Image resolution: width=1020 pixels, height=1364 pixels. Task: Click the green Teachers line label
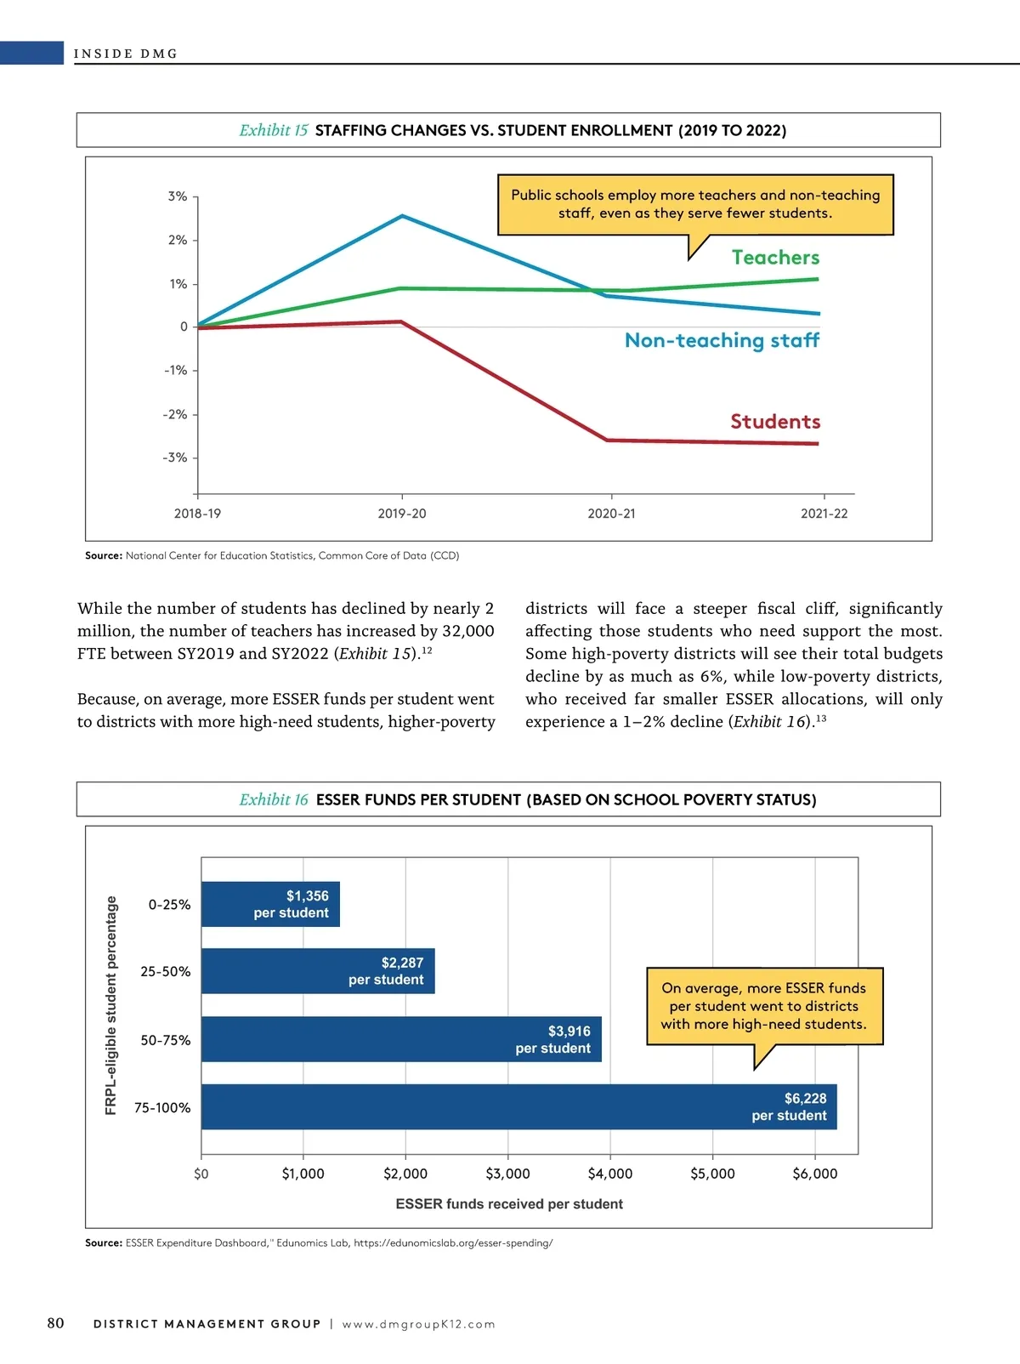pos(775,258)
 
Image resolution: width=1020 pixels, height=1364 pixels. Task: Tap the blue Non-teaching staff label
pos(722,340)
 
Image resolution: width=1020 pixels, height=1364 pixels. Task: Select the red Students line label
pos(775,421)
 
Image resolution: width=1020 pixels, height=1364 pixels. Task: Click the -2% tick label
pos(175,414)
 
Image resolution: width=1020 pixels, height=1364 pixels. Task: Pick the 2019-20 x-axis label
pos(402,514)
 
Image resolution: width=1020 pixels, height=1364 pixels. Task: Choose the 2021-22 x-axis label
pos(824,514)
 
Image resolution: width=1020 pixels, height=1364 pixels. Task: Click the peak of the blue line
pos(403,216)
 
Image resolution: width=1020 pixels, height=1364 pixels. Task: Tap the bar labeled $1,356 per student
pos(270,904)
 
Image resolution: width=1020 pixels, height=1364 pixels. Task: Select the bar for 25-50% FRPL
pos(318,970)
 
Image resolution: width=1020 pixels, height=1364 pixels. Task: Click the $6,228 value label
pos(805,1098)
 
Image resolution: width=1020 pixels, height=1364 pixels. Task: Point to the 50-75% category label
pos(165,1040)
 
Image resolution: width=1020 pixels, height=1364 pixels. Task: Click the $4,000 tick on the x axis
pos(610,1174)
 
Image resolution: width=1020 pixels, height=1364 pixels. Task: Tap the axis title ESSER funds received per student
pos(509,1203)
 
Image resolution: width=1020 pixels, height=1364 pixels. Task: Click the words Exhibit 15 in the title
pos(274,130)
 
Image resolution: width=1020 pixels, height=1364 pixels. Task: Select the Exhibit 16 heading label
pos(274,799)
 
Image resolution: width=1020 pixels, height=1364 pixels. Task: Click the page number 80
pos(55,1322)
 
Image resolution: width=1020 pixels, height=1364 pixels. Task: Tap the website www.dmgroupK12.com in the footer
pos(419,1324)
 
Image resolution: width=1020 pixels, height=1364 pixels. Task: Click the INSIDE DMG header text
pos(126,54)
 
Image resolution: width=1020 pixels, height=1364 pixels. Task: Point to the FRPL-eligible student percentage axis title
pos(110,1005)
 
